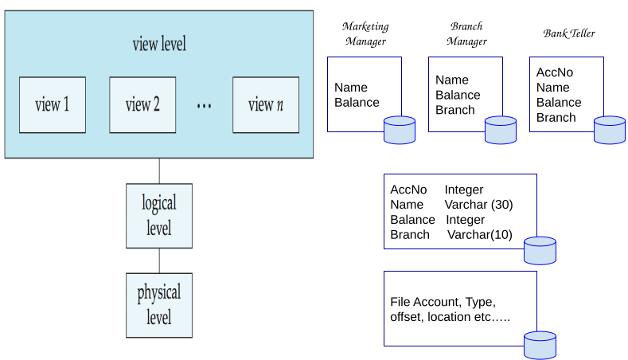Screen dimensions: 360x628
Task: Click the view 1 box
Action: point(52,104)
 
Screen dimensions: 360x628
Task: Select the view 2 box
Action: point(142,104)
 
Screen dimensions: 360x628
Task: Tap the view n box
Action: point(266,104)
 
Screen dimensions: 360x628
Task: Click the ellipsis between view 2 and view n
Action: point(204,107)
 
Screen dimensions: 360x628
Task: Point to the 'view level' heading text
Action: point(158,44)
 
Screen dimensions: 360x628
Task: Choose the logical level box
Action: point(159,215)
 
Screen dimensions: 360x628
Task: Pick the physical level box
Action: point(159,304)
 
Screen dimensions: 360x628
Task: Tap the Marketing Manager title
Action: point(365,33)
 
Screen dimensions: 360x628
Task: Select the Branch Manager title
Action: point(466,33)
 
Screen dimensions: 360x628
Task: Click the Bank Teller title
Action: point(568,33)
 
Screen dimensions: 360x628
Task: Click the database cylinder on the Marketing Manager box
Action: point(400,130)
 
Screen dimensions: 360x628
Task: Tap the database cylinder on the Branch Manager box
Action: point(501,130)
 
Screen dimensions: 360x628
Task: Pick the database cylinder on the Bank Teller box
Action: point(610,130)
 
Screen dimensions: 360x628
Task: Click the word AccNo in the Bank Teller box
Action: point(554,72)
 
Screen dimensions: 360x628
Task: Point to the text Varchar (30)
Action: point(478,205)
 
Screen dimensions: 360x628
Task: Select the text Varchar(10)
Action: point(480,235)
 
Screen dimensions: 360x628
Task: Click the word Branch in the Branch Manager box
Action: point(454,110)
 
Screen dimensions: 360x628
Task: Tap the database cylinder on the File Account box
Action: point(540,345)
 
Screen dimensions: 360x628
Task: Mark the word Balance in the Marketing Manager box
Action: point(357,102)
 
